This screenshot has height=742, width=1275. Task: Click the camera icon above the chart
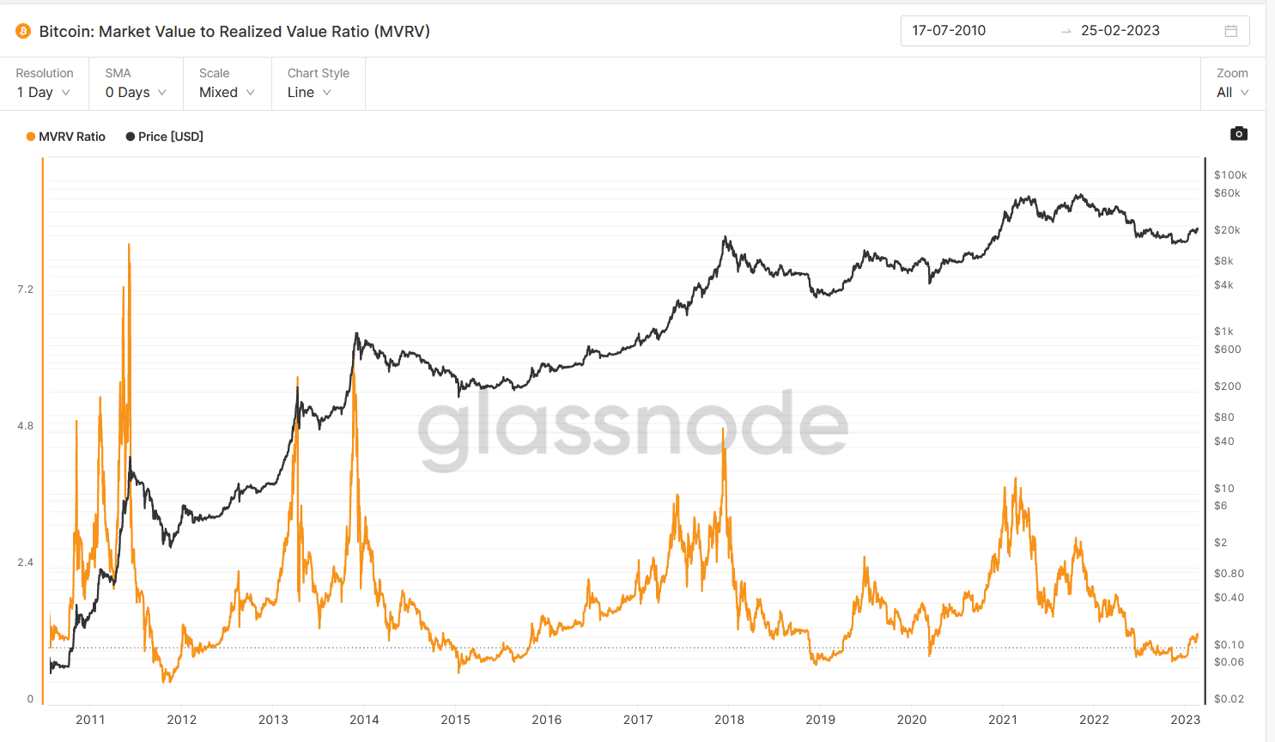coord(1238,134)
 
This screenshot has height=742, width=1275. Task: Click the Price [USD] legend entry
coord(165,137)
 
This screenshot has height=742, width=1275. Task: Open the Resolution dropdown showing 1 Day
coord(44,92)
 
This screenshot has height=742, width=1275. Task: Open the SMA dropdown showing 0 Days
coord(136,92)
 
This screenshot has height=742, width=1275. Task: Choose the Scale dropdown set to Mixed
coord(227,92)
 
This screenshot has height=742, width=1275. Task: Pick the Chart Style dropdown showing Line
coord(309,92)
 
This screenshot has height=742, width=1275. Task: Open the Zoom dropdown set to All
coord(1232,92)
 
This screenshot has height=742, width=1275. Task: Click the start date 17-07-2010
coord(949,31)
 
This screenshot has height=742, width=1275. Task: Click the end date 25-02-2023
coord(1120,31)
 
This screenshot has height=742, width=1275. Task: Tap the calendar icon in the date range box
coord(1230,31)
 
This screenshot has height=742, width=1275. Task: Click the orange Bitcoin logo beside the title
coord(23,32)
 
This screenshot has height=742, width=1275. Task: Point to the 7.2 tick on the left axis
coord(25,289)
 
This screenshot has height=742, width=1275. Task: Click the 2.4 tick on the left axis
coord(25,563)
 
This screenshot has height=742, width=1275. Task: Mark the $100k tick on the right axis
coord(1229,175)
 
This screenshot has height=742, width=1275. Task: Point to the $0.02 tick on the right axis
coord(1229,699)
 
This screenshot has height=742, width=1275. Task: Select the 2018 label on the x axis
coord(729,720)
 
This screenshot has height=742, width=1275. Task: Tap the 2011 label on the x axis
coord(90,720)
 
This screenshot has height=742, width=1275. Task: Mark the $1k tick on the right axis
coord(1223,331)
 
